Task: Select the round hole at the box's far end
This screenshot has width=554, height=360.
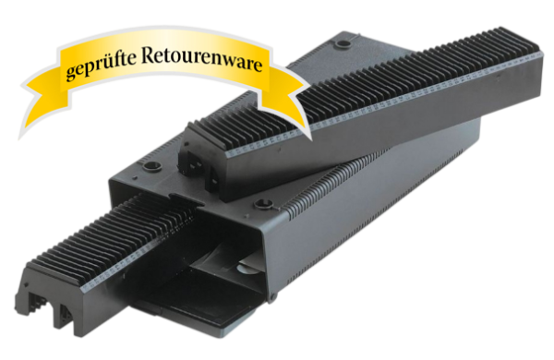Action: [343, 44]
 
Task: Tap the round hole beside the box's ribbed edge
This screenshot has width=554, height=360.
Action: [262, 204]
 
